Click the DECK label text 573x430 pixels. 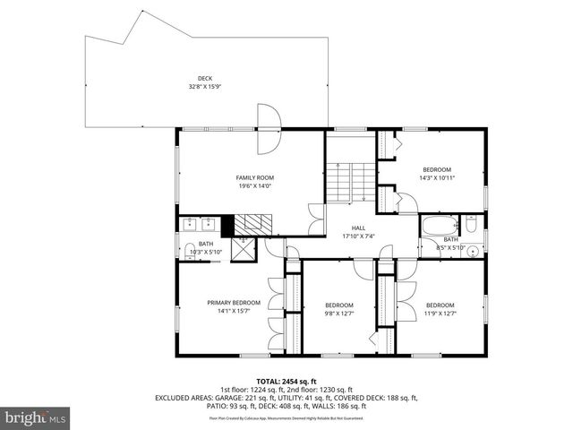click(206, 78)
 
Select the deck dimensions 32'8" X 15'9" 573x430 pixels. click(206, 87)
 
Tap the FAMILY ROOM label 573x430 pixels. click(254, 177)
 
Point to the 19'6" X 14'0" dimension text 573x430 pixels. click(254, 186)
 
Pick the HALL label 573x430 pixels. click(358, 228)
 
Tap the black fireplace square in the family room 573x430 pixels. click(227, 225)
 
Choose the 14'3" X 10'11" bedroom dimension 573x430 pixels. click(437, 178)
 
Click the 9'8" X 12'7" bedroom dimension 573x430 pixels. click(339, 313)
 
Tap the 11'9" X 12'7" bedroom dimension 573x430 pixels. click(440, 313)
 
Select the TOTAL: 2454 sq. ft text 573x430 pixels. click(286, 381)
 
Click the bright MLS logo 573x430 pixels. click(36, 417)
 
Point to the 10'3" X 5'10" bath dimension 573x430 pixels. click(206, 252)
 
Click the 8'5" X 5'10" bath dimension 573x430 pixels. click(450, 247)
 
